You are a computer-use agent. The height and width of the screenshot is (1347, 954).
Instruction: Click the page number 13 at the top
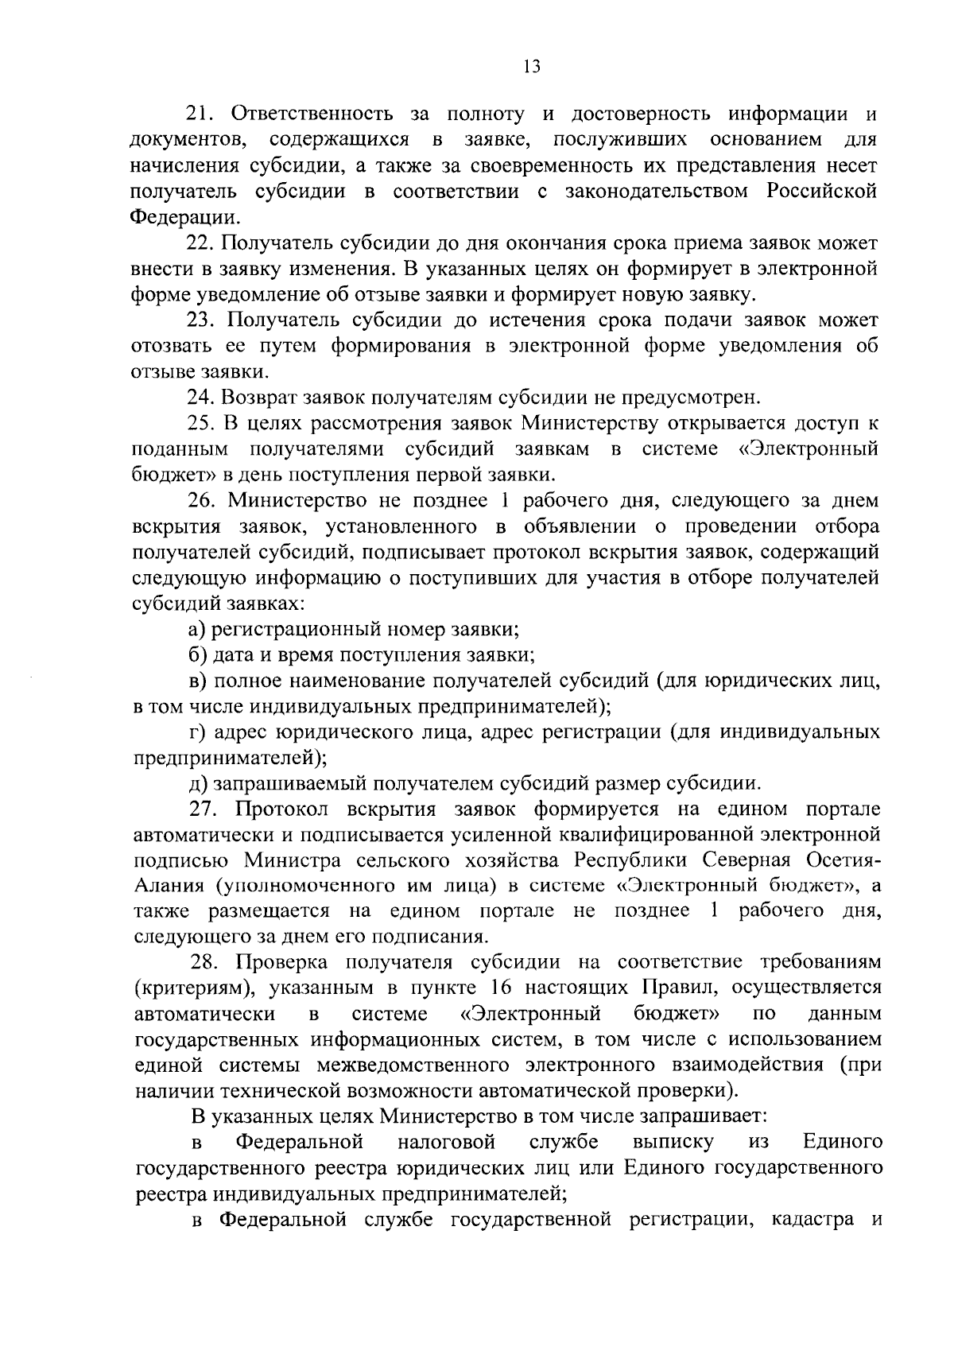532,67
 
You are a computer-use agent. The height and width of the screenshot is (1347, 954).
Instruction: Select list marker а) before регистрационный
197,631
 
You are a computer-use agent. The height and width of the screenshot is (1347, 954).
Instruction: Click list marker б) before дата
197,655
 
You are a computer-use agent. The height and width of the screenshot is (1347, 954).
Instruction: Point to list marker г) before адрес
196,732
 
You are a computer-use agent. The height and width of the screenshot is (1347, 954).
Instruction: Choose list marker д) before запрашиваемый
197,784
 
